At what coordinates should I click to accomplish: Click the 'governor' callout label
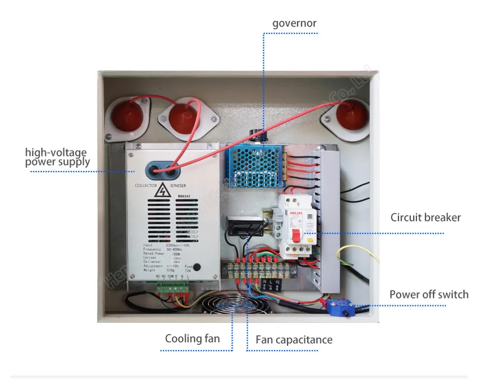coord(294,23)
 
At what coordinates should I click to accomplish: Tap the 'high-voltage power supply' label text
coord(56,157)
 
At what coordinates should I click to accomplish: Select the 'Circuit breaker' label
coord(426,218)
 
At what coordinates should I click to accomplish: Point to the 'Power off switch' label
coord(429,295)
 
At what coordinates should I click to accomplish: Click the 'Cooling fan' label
coord(192,339)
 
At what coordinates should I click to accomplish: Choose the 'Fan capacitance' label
coord(294,340)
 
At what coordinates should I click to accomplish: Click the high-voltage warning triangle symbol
coord(162,191)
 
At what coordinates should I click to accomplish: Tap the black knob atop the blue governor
coord(259,135)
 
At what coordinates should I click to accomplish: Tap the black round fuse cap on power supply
coord(196,267)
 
